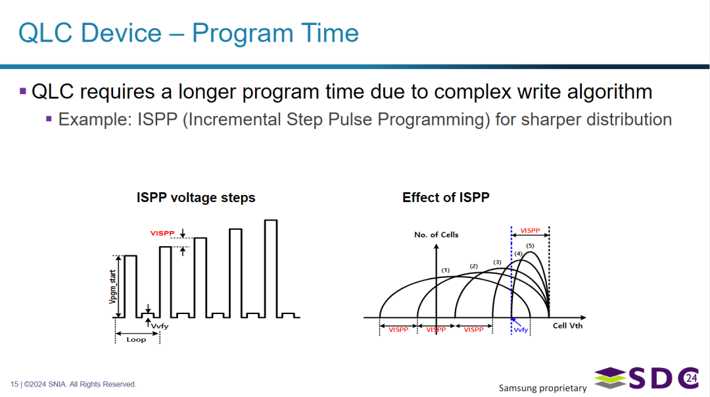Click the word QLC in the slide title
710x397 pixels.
[x=45, y=33]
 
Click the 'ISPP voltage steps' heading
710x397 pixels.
[x=196, y=198]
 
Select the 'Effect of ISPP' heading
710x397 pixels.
[x=446, y=198]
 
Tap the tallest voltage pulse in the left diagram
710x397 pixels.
[x=271, y=269]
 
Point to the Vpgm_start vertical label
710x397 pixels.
[x=113, y=286]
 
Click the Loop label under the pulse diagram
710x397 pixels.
[x=136, y=339]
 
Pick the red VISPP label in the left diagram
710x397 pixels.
[x=162, y=233]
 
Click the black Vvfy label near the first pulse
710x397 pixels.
[x=159, y=326]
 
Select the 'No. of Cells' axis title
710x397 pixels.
[x=436, y=234]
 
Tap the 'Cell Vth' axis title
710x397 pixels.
[x=567, y=326]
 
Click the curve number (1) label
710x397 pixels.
[x=446, y=270]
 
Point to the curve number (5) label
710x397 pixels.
[x=530, y=246]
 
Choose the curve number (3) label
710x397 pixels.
[x=497, y=262]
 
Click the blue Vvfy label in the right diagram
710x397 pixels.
[x=521, y=330]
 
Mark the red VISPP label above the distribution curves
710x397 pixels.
[x=530, y=230]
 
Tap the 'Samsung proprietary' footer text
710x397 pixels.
[x=542, y=388]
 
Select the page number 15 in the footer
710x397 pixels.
[x=14, y=384]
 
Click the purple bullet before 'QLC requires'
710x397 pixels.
[x=23, y=92]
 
